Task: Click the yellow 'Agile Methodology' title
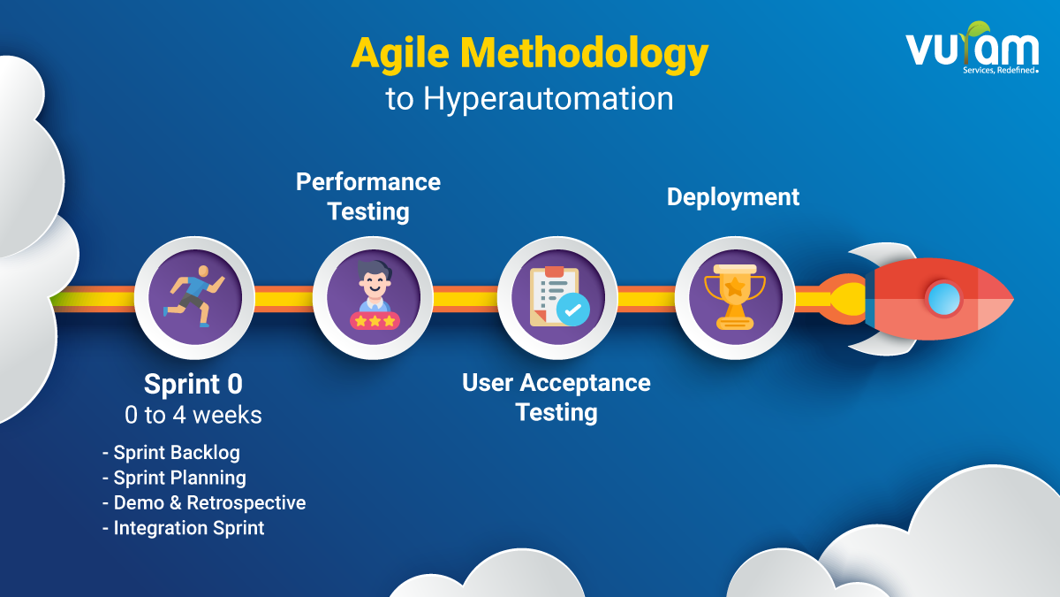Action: (529, 54)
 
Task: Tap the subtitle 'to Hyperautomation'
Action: (529, 99)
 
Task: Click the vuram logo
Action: (973, 49)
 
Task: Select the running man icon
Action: (194, 296)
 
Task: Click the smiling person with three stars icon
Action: (375, 295)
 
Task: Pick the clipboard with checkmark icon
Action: (559, 296)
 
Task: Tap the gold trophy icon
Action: (734, 296)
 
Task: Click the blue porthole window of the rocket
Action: (944, 299)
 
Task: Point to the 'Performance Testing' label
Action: (368, 196)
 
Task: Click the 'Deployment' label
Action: (733, 197)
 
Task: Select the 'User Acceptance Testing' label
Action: (556, 397)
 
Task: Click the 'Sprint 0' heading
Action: (193, 384)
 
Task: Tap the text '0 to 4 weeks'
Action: (193, 415)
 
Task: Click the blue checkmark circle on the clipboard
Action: (573, 310)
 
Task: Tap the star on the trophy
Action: (735, 287)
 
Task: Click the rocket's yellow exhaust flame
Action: (850, 299)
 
